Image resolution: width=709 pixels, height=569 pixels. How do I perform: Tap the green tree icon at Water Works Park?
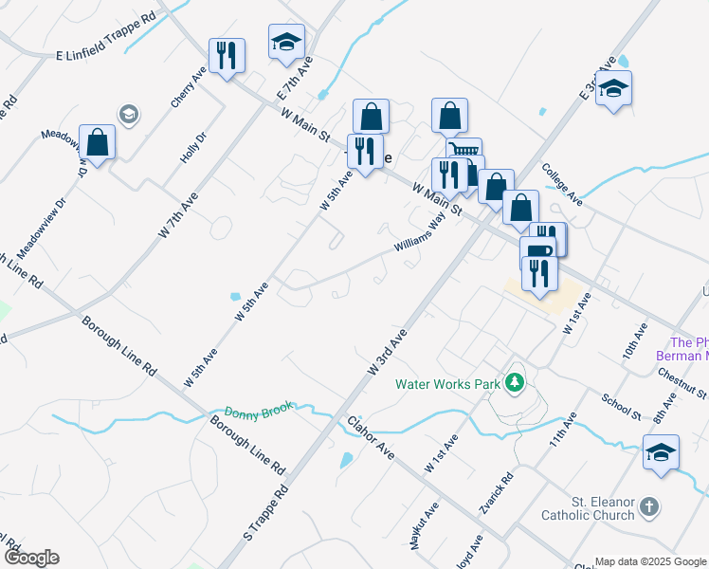(515, 382)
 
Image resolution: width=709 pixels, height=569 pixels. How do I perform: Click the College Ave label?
(561, 184)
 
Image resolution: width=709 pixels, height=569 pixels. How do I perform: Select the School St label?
(622, 406)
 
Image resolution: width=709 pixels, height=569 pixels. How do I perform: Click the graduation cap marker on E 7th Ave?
(286, 42)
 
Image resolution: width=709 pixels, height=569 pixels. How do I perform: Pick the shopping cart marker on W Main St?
(464, 152)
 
